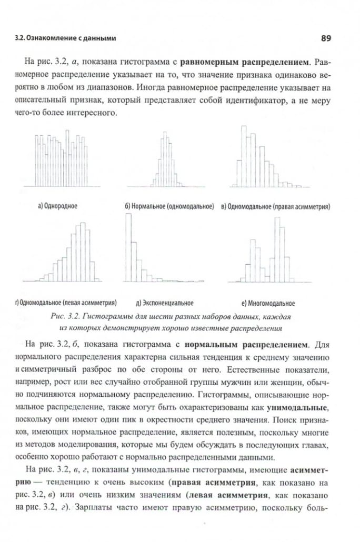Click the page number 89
(x=325, y=38)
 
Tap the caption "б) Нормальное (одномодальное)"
(x=169, y=206)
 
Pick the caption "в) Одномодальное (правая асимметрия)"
(x=275, y=206)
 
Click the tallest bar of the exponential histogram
(x=128, y=247)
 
